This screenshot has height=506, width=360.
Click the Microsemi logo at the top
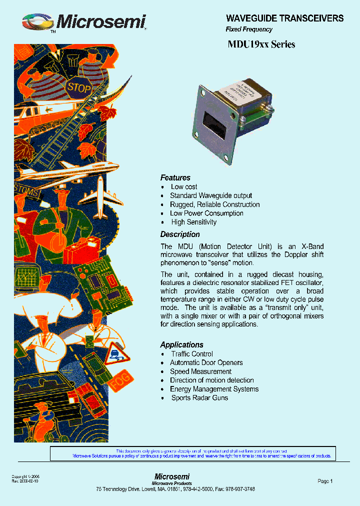[84, 22]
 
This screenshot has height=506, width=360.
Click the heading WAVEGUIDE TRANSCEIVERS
[284, 18]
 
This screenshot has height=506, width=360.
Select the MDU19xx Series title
[261, 44]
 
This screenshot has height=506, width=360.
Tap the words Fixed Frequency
[249, 29]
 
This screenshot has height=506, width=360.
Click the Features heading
[175, 178]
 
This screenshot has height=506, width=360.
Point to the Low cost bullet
[184, 187]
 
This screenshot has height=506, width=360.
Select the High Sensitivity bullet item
[193, 222]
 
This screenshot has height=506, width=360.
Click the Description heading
[179, 234]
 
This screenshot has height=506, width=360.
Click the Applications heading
[181, 345]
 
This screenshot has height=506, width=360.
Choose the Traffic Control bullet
[192, 354]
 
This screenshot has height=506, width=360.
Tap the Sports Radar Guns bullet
[199, 398]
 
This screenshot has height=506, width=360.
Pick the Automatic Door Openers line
[206, 362]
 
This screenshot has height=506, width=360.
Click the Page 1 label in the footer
[325, 481]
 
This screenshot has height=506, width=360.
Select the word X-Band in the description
[312, 246]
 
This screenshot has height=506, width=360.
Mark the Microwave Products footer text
[172, 483]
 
